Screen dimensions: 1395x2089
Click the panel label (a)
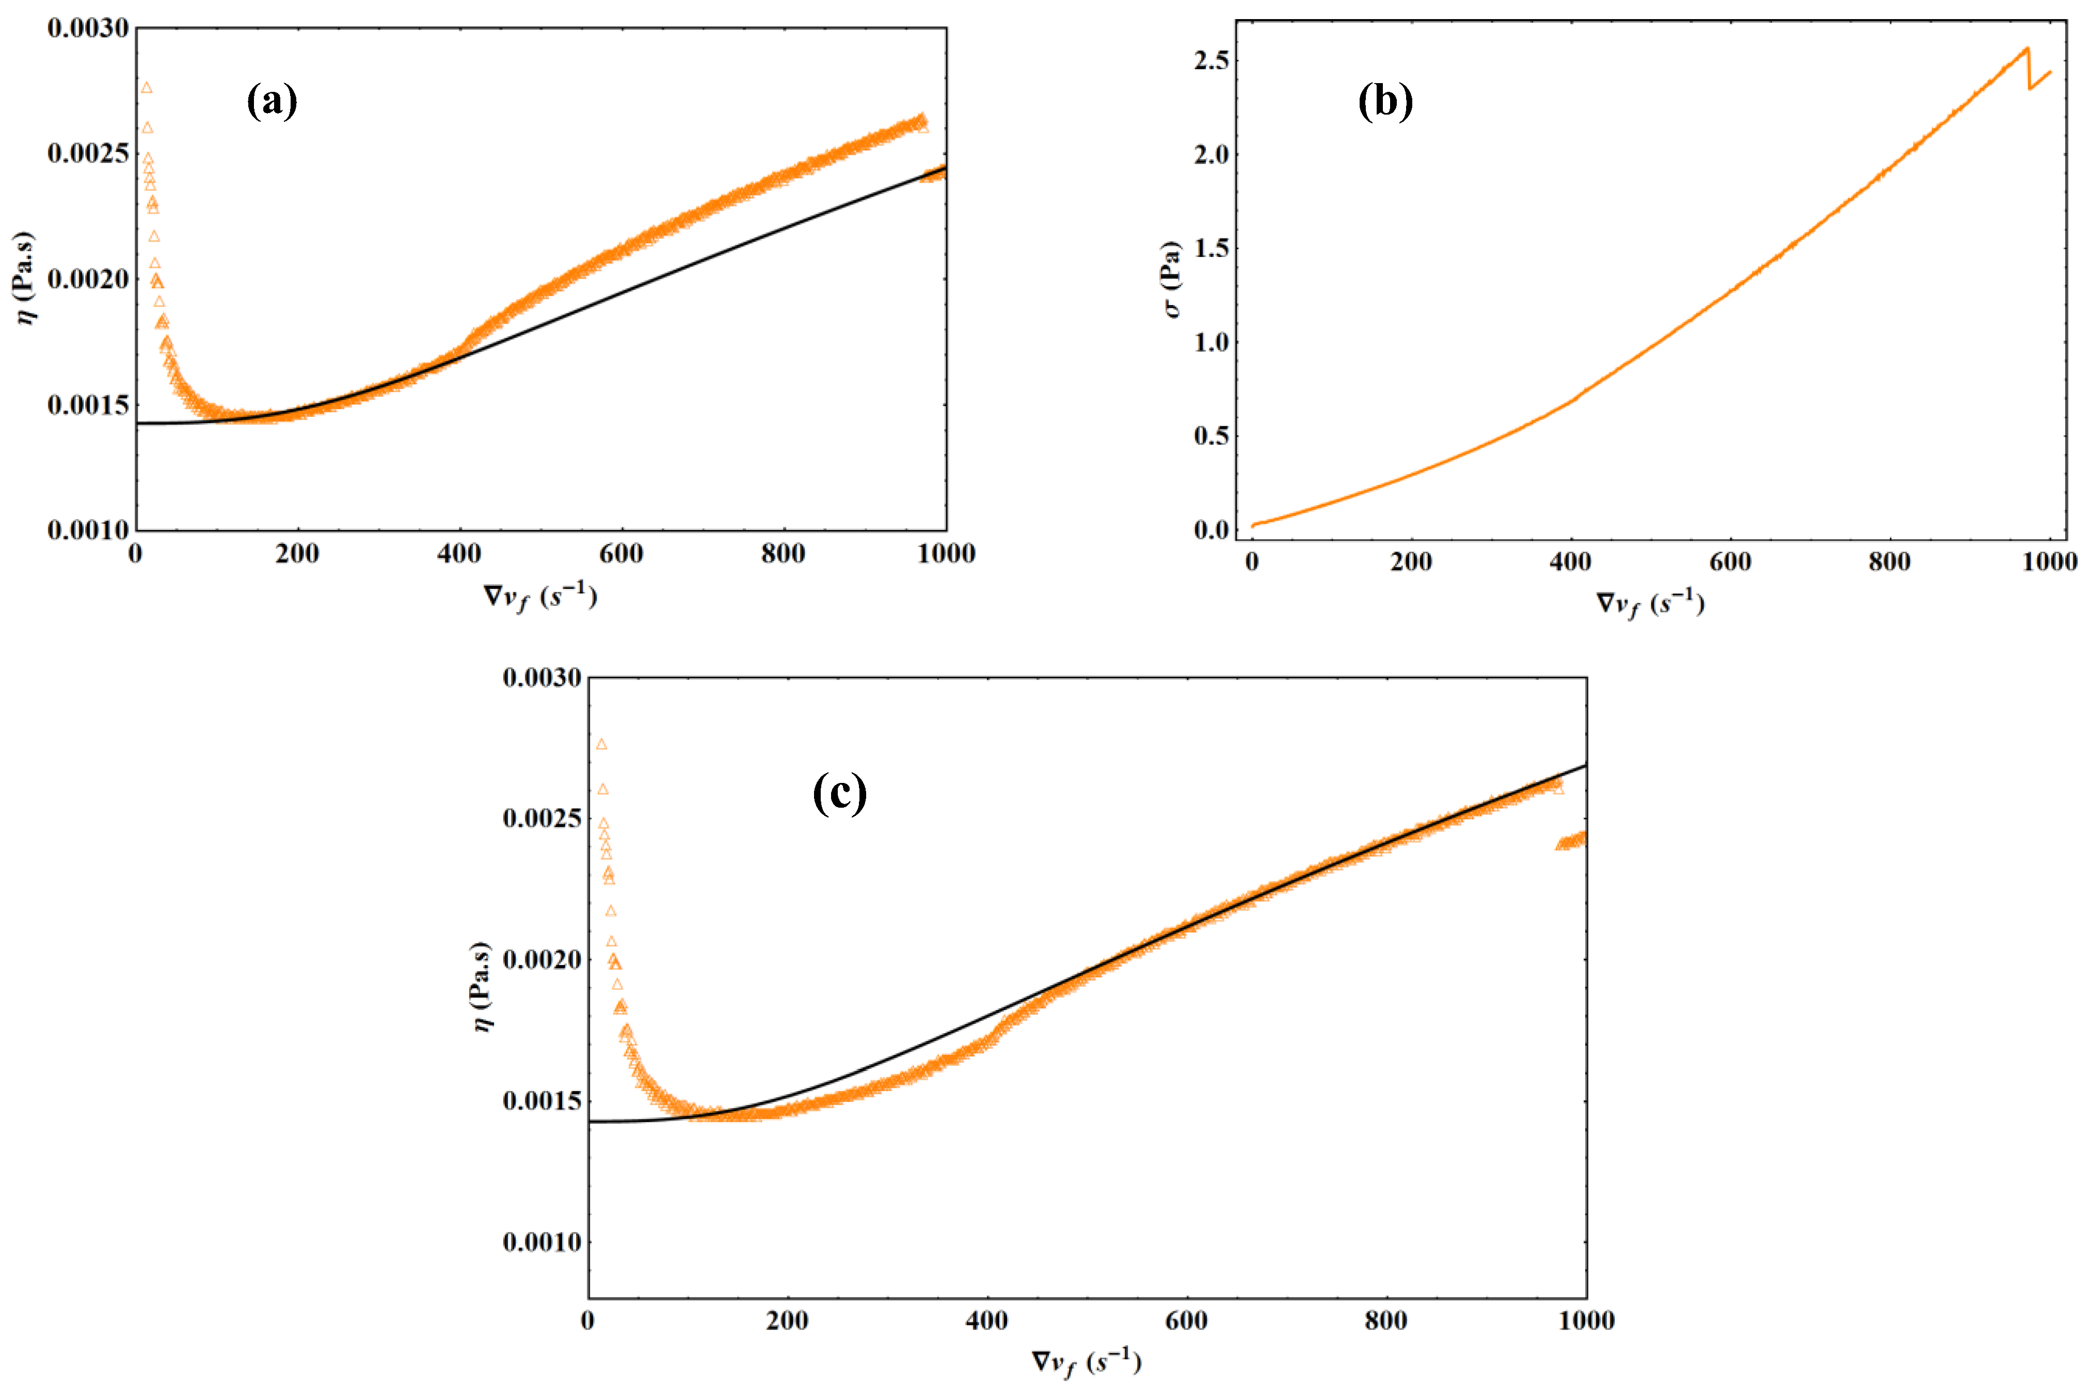tap(272, 101)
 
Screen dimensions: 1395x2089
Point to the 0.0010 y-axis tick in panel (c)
tap(542, 1242)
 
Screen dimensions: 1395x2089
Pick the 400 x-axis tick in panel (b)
tap(1570, 562)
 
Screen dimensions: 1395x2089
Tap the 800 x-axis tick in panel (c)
tap(1385, 1320)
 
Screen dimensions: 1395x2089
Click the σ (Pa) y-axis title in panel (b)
tap(1172, 279)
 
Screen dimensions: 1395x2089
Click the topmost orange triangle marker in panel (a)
tap(147, 87)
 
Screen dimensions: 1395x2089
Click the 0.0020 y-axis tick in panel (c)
tap(542, 959)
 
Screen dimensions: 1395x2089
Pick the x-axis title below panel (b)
tap(1650, 604)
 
